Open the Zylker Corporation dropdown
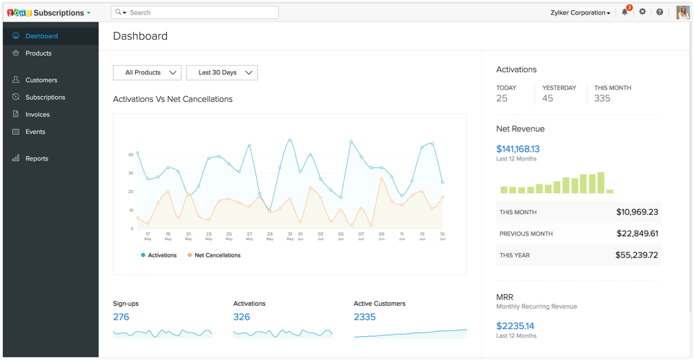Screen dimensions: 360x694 point(581,13)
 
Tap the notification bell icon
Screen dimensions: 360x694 point(625,12)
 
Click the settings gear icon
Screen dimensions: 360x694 point(642,12)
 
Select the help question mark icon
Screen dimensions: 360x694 point(659,12)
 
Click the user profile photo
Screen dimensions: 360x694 point(682,12)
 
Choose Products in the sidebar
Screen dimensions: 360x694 point(38,53)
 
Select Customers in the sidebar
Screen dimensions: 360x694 point(41,80)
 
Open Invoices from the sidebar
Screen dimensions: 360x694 point(38,114)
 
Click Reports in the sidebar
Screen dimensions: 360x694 point(37,158)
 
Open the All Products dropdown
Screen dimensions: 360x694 point(147,72)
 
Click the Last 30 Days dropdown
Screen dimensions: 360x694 point(222,72)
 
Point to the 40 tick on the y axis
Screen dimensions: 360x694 point(130,155)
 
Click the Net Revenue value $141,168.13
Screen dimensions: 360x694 point(518,149)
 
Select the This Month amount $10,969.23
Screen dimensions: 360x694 point(637,213)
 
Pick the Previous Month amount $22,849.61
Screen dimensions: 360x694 point(637,233)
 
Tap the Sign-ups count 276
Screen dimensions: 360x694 point(121,317)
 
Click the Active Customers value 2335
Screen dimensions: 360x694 point(364,317)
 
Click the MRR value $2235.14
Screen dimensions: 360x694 point(515,326)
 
